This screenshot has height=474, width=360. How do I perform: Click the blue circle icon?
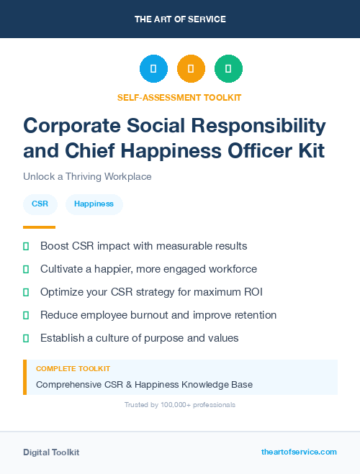pos(153,69)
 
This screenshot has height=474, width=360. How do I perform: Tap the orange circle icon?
pos(191,69)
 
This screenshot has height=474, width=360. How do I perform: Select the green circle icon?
pos(228,69)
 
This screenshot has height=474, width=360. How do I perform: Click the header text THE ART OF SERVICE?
pos(180,19)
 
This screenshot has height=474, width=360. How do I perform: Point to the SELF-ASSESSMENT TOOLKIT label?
pos(179,97)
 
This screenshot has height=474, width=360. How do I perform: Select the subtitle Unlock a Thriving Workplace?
pos(87,176)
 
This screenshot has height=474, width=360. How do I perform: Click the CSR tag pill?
pos(40,204)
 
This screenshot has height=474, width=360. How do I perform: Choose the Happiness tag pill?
pos(94,204)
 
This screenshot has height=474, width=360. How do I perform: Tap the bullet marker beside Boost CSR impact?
pos(26,246)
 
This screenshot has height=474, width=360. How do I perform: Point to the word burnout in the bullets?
pos(150,315)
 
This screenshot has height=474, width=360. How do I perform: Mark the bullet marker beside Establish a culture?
pos(26,338)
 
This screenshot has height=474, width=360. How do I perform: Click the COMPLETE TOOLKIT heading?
pos(73,369)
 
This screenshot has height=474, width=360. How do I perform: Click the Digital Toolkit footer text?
pos(51,452)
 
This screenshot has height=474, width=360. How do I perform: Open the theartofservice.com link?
pos(299,452)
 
